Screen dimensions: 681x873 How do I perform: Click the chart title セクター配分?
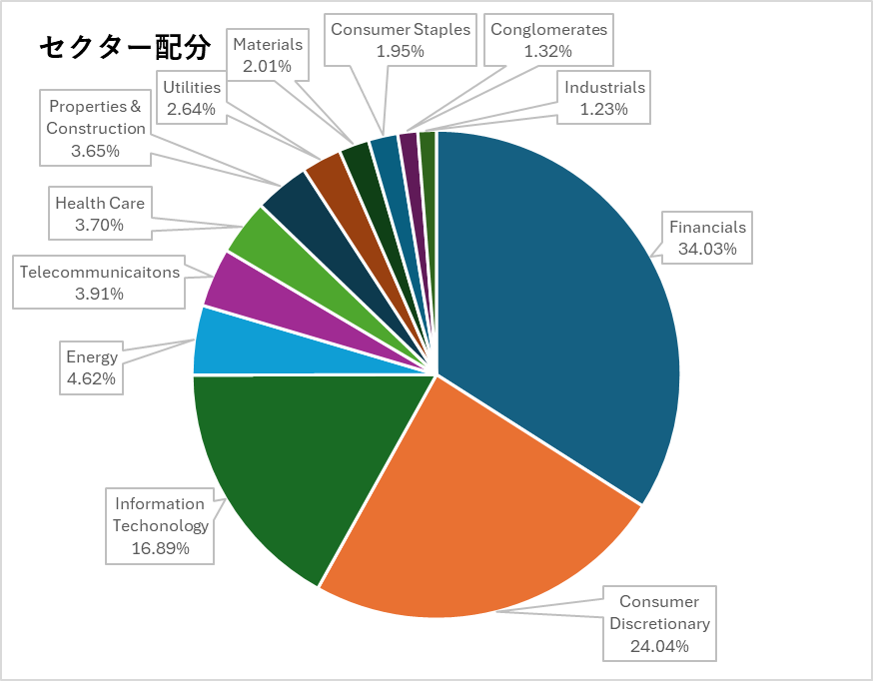pyautogui.click(x=125, y=47)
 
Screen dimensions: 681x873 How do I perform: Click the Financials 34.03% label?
pyautogui.click(x=707, y=238)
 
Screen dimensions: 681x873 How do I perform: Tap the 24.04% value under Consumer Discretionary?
pyautogui.click(x=659, y=646)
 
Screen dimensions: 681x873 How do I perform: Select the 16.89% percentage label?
pyautogui.click(x=160, y=547)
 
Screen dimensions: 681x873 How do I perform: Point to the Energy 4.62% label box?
pyautogui.click(x=92, y=367)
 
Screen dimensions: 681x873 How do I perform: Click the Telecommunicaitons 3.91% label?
pyautogui.click(x=99, y=282)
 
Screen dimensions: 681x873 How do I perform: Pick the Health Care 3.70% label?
pyautogui.click(x=100, y=214)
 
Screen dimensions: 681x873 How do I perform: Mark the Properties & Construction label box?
pyautogui.click(x=96, y=128)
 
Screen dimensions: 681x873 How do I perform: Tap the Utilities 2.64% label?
pyautogui.click(x=192, y=98)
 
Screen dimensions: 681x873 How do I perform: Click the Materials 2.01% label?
pyautogui.click(x=267, y=55)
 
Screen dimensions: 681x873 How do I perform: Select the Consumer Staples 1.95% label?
pyautogui.click(x=400, y=40)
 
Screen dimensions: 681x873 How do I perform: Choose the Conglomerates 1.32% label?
pyautogui.click(x=548, y=40)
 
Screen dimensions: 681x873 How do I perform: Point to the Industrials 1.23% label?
pyautogui.click(x=604, y=98)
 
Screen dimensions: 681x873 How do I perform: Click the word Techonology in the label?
pyautogui.click(x=161, y=525)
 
